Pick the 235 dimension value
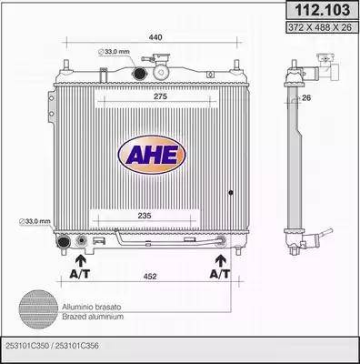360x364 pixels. pyautogui.click(x=146, y=217)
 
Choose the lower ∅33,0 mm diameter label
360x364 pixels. pyautogui.click(x=34, y=222)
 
